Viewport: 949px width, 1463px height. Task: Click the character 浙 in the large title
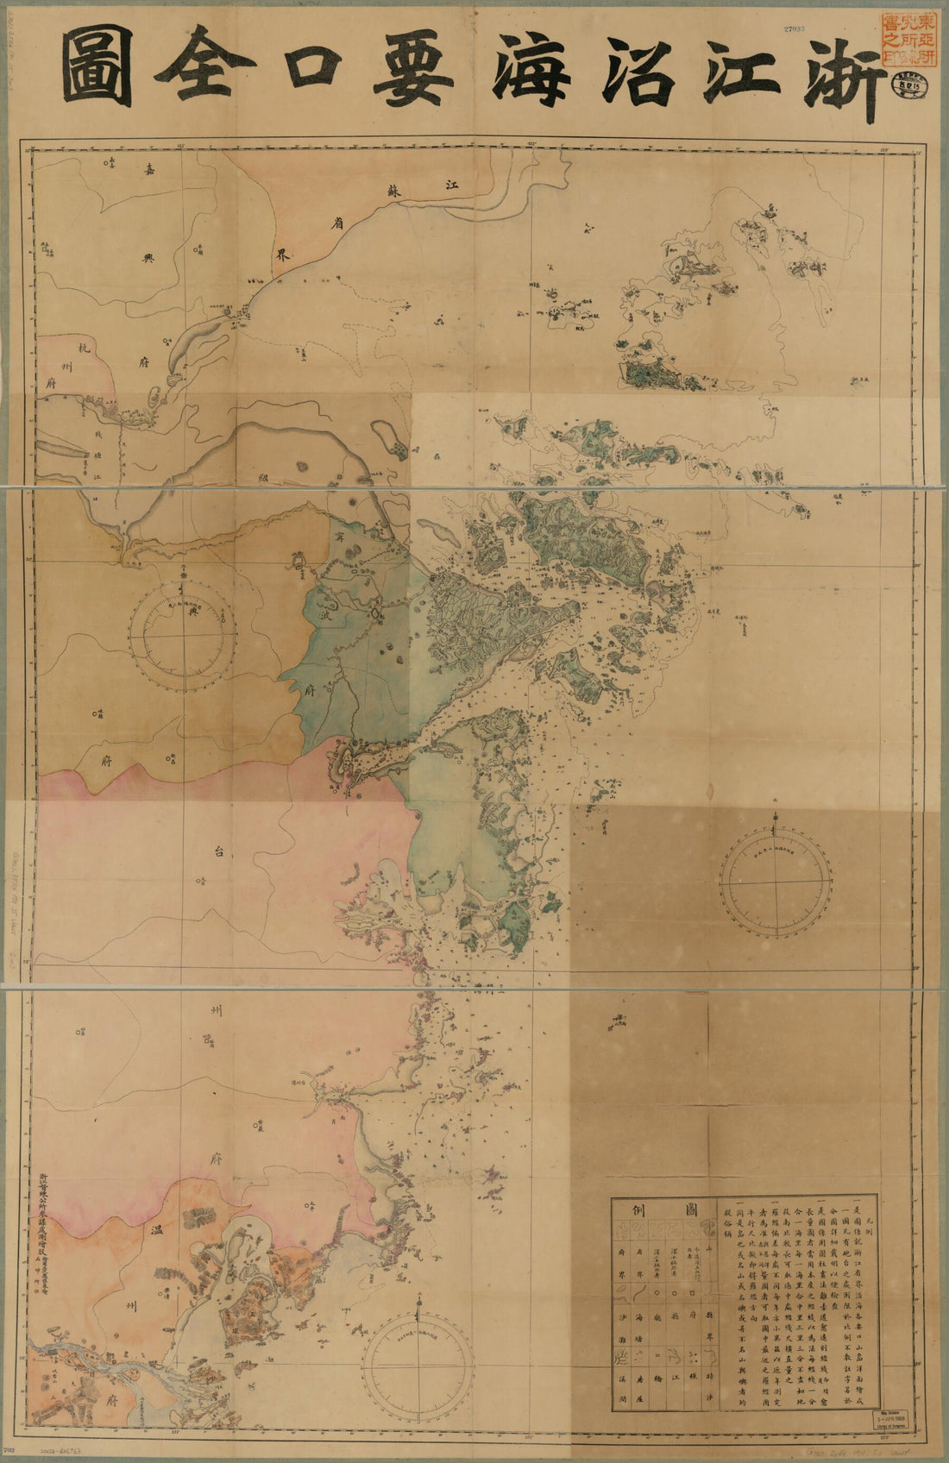pyautogui.click(x=841, y=71)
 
